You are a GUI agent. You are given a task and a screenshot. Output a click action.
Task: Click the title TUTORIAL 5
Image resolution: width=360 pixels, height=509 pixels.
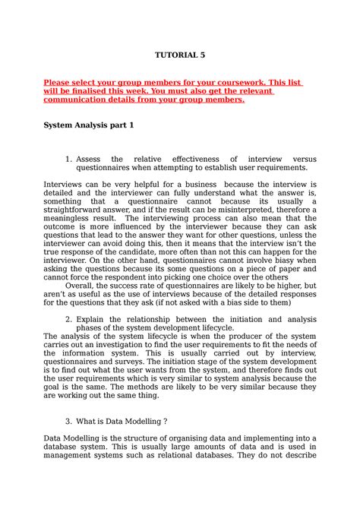click(180, 55)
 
